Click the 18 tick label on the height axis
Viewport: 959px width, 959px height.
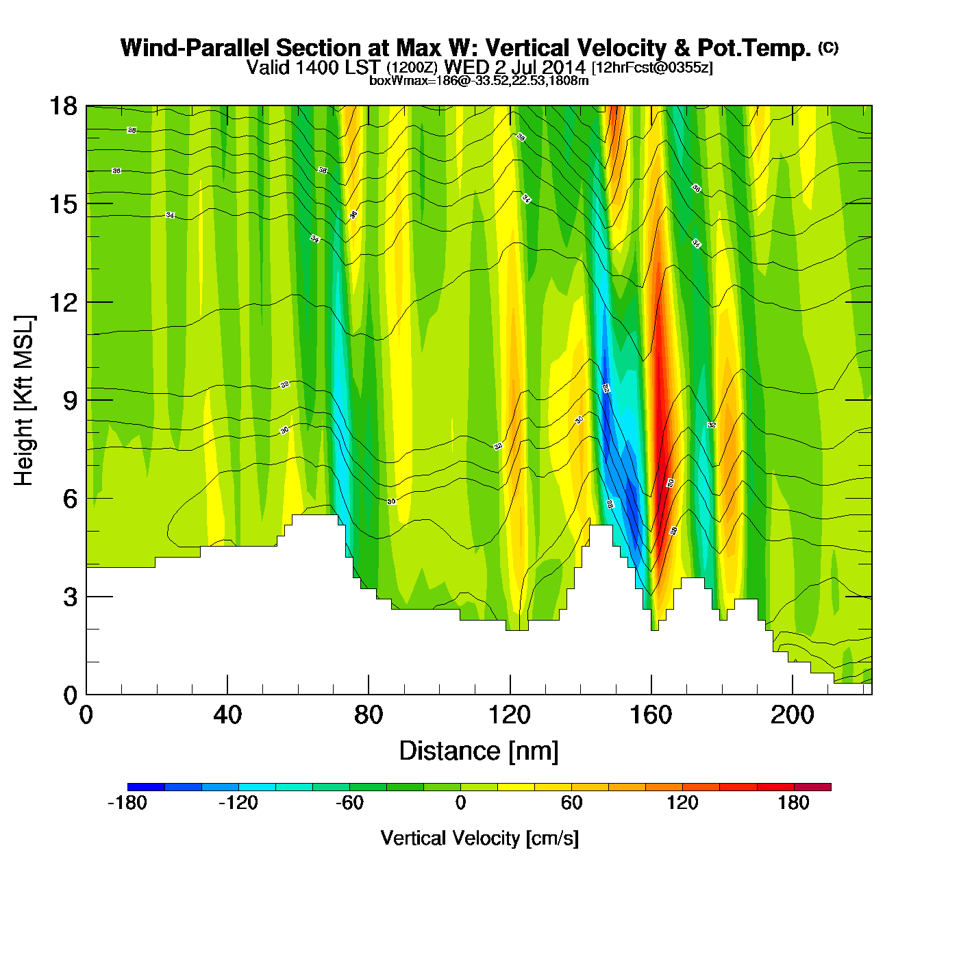click(x=62, y=106)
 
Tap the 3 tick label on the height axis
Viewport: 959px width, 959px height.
click(x=70, y=597)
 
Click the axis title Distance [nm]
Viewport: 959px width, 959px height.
click(x=479, y=751)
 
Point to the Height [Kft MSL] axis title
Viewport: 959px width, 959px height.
click(x=24, y=401)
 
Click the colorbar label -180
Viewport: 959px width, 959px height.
click(x=127, y=803)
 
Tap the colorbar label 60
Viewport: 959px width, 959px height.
click(x=571, y=803)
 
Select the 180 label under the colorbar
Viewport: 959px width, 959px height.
click(x=793, y=803)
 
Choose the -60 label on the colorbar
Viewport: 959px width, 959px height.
click(x=349, y=803)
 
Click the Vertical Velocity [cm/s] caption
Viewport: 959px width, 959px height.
click(x=480, y=838)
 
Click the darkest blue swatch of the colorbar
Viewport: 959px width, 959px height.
click(x=146, y=787)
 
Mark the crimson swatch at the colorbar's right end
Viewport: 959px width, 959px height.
click(x=812, y=787)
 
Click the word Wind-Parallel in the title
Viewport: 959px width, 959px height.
click(x=196, y=48)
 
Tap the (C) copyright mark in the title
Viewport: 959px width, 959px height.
click(x=828, y=47)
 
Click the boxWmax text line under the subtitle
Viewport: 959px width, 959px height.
click(x=479, y=80)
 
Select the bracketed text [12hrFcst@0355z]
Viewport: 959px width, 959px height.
click(x=652, y=68)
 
